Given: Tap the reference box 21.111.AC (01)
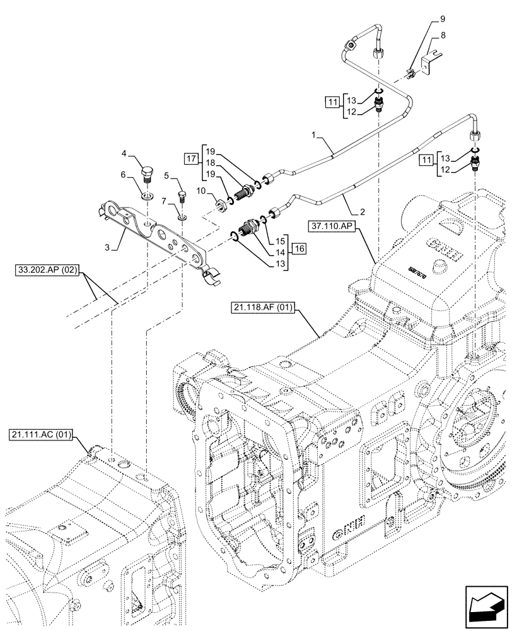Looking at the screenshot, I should [x=43, y=435].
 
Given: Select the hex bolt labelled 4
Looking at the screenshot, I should [x=146, y=172].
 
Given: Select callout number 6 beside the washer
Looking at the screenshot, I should [x=124, y=175].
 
